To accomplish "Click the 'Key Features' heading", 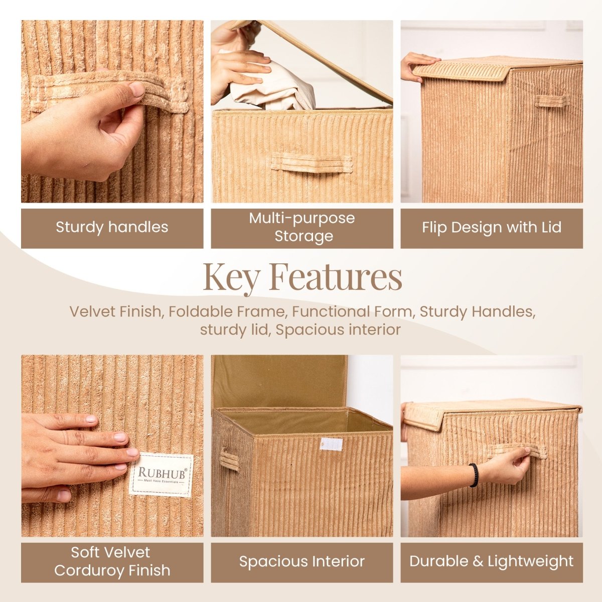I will click(302, 277).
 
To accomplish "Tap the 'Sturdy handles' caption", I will click(112, 227).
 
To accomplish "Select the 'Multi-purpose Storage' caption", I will click(302, 227).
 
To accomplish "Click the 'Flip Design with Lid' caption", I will click(491, 228).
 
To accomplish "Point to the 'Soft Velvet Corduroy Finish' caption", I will click(112, 562).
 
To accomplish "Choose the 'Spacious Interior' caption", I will click(302, 562).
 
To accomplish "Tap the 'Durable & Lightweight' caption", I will click(491, 562).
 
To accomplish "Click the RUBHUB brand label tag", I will click(161, 475).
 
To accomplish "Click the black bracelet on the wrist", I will click(474, 475).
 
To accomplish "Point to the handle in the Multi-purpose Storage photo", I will click(312, 163).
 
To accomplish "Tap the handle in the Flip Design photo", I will click(551, 100).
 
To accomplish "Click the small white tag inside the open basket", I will click(332, 444).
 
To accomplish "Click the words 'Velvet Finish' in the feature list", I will click(114, 312).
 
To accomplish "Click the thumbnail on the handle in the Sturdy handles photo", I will click(136, 90).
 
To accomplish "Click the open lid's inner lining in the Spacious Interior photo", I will click(278, 381).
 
